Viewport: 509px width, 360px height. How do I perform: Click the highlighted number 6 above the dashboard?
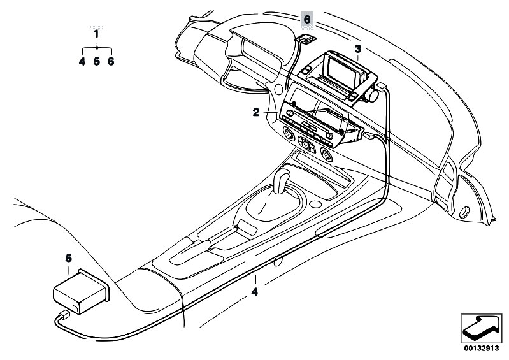pyautogui.click(x=307, y=20)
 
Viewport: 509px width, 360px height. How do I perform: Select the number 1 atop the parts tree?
pyautogui.click(x=96, y=34)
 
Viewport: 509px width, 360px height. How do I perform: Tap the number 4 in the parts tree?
pyautogui.click(x=82, y=61)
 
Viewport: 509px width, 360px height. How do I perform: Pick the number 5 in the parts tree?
pyautogui.click(x=97, y=61)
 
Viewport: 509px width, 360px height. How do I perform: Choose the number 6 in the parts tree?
pyautogui.click(x=111, y=61)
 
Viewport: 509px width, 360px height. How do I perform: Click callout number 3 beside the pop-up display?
pyautogui.click(x=357, y=49)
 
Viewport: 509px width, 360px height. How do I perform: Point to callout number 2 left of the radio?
pyautogui.click(x=256, y=112)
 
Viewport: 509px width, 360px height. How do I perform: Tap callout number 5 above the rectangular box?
pyautogui.click(x=69, y=258)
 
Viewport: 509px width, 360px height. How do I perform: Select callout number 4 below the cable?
pyautogui.click(x=255, y=292)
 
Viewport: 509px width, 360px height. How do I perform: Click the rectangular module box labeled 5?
pyautogui.click(x=81, y=291)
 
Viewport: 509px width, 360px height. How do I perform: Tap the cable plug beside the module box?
pyautogui.click(x=64, y=315)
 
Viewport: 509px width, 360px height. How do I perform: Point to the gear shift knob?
pyautogui.click(x=282, y=181)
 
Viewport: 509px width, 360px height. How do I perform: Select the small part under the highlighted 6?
pyautogui.click(x=306, y=38)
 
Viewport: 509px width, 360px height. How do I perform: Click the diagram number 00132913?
pyautogui.click(x=481, y=349)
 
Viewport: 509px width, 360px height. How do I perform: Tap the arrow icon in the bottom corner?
pyautogui.click(x=481, y=329)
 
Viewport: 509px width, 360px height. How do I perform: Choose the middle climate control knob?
pyautogui.click(x=306, y=144)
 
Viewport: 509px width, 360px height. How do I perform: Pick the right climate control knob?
pyautogui.click(x=326, y=155)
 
